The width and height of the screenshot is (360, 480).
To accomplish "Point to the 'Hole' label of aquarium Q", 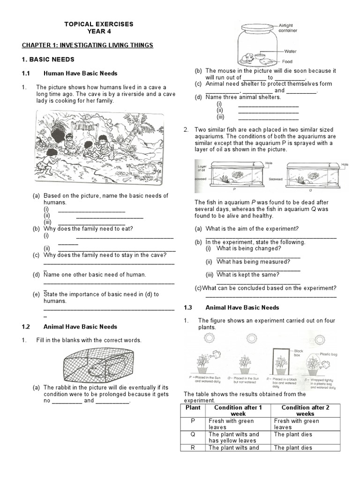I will coord(345,165).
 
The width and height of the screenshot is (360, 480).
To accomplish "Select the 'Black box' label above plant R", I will coord(299,352).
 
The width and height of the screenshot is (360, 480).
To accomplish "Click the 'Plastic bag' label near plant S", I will coord(329,354).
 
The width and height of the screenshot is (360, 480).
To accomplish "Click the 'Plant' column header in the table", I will coord(193,407).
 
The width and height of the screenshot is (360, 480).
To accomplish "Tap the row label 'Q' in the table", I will coord(193,434).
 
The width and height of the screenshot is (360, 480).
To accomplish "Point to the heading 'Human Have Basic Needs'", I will coord(80,74).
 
